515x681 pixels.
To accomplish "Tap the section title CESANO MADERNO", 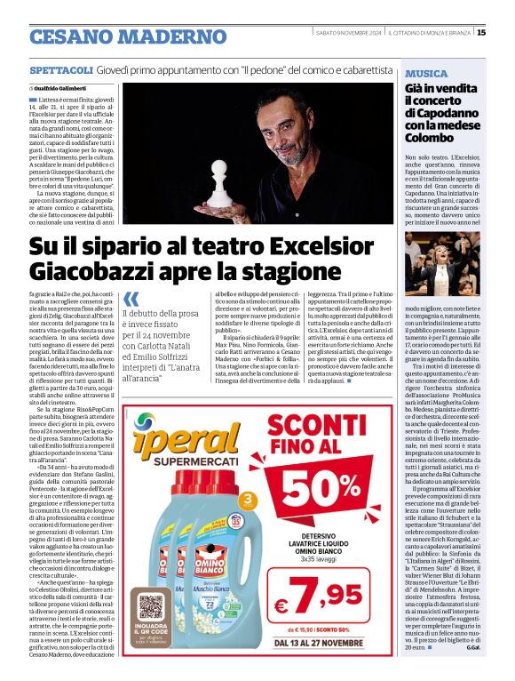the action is [128, 36].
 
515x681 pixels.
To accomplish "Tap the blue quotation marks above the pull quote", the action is [131, 300].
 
